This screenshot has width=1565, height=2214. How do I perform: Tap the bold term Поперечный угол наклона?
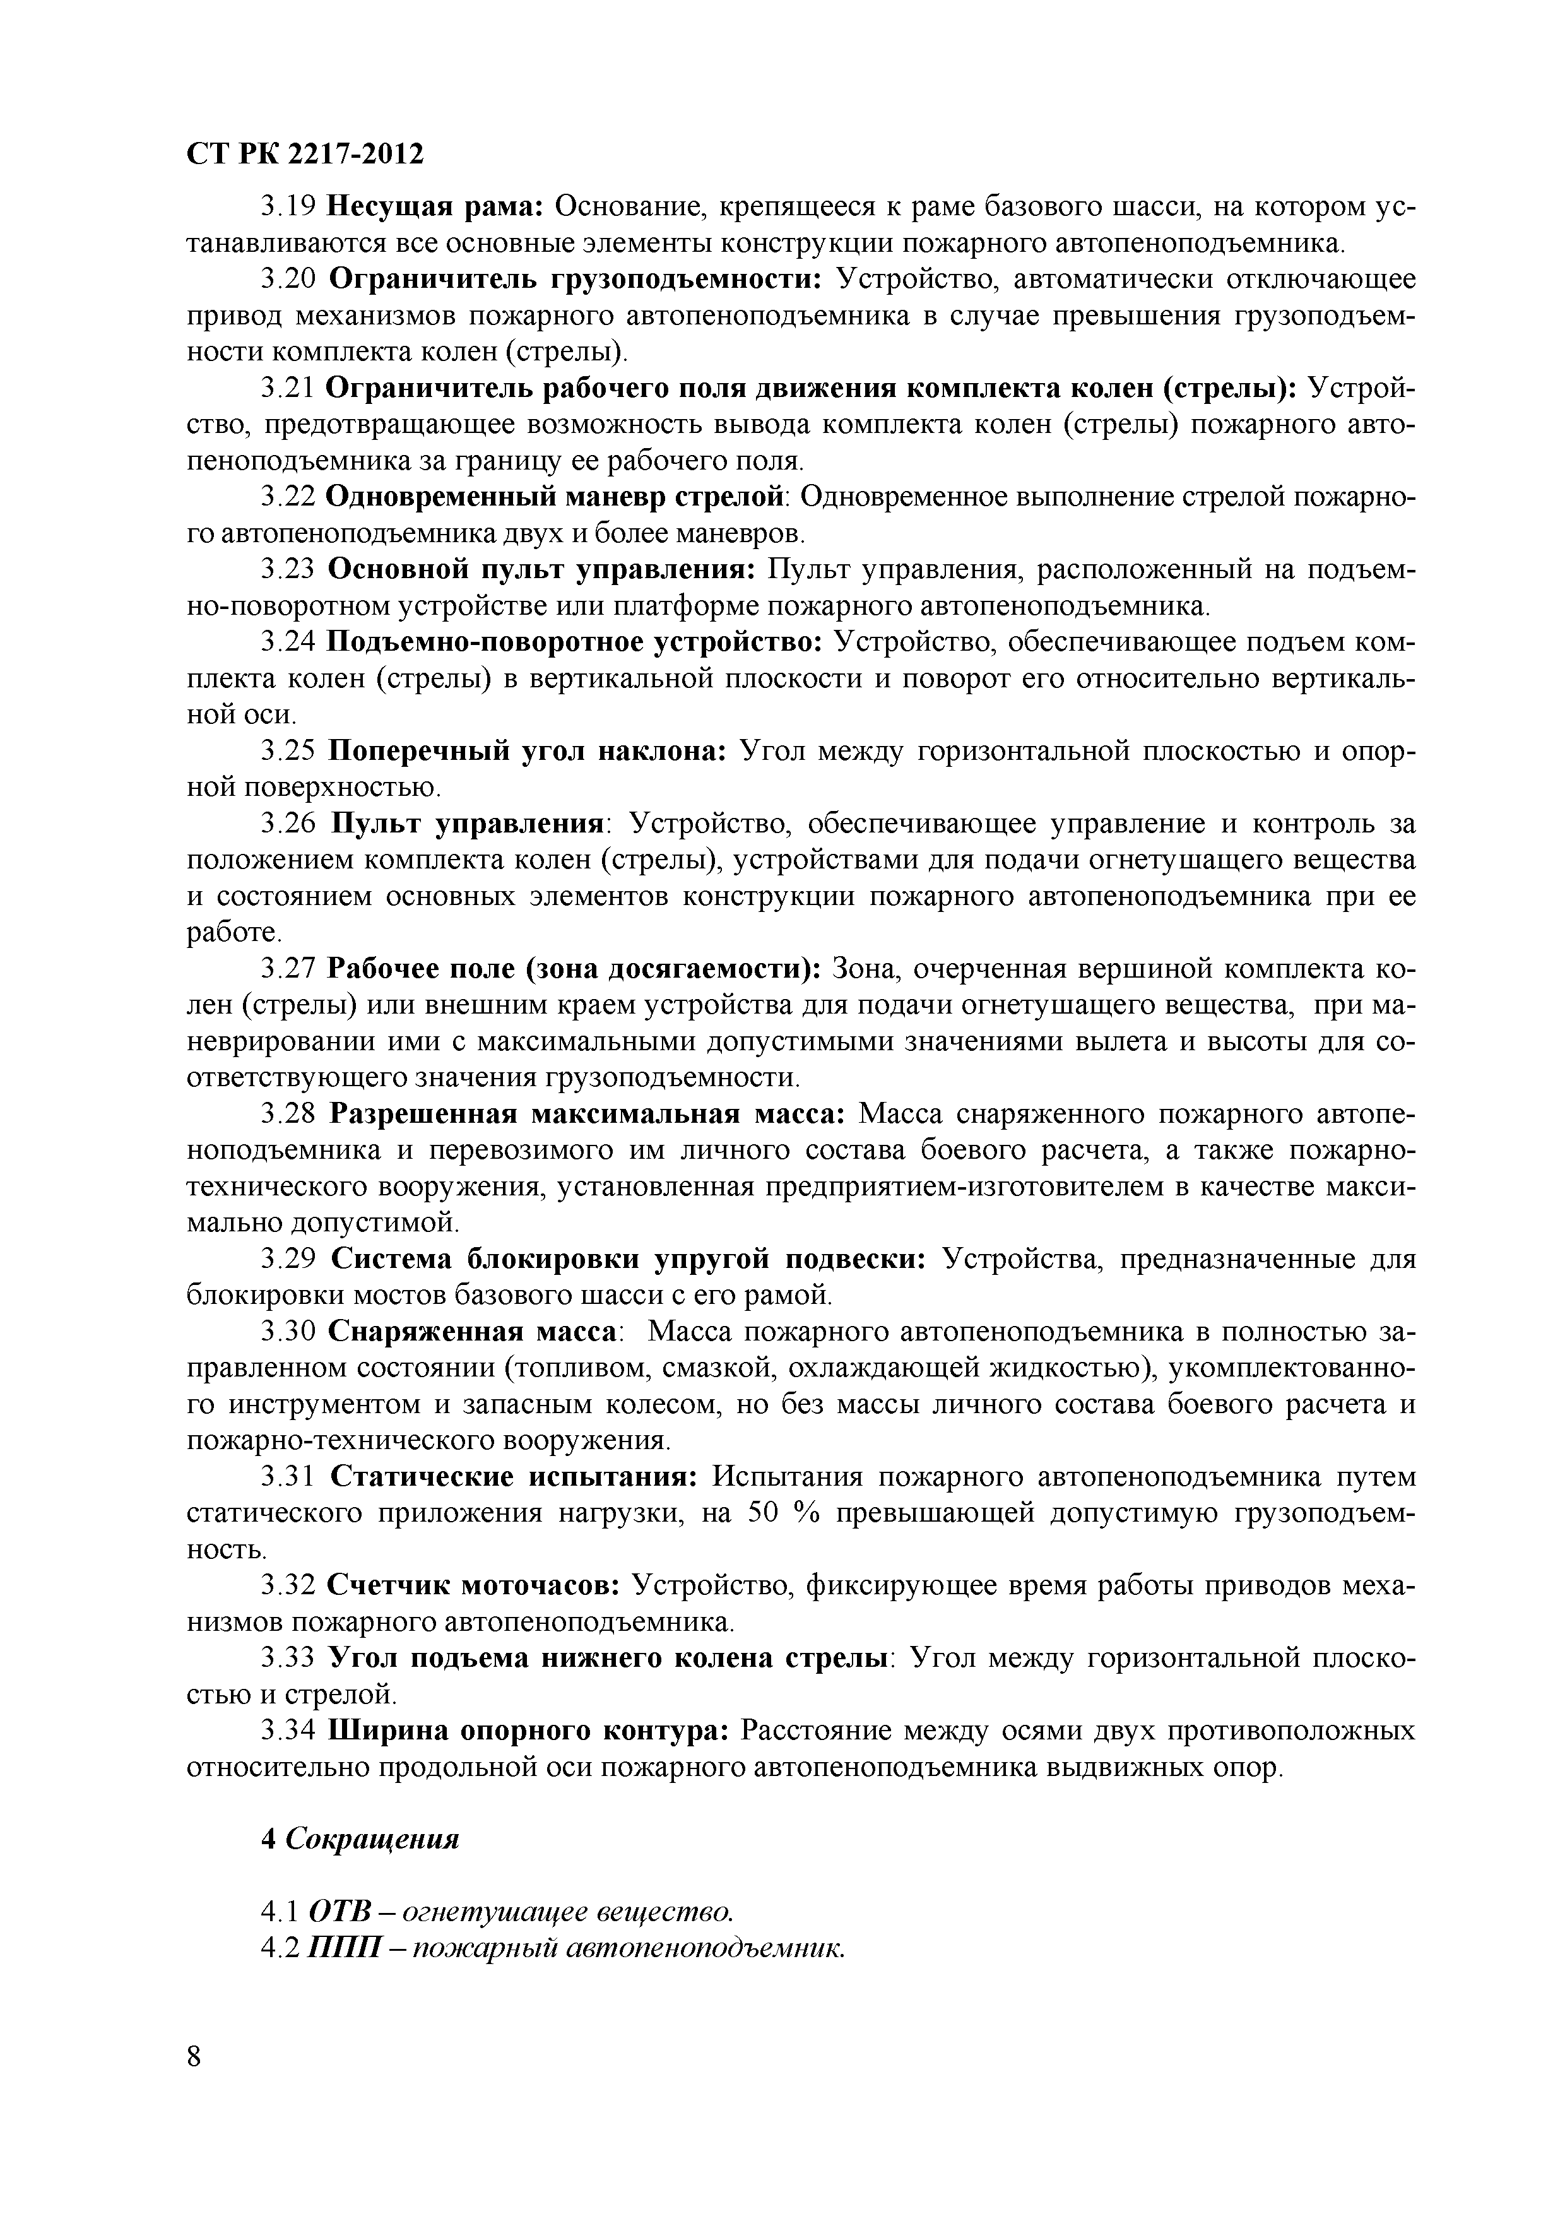point(528,751)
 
